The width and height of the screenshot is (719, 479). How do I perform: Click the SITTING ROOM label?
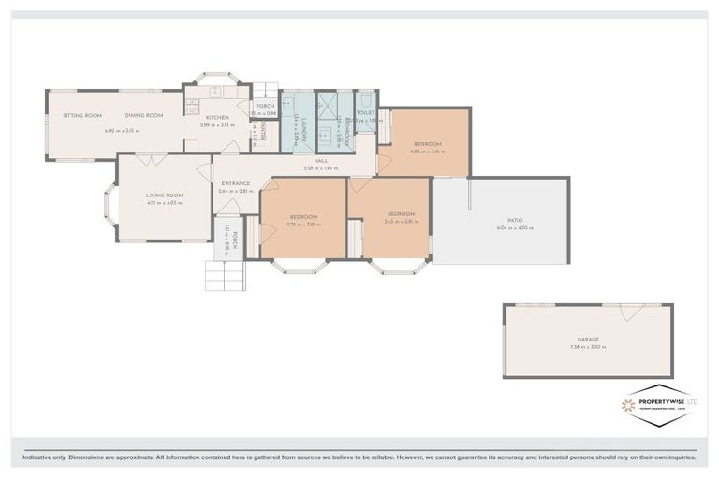[x=82, y=116]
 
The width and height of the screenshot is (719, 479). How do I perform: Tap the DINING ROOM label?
[x=144, y=116]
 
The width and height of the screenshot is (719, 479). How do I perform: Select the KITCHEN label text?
[x=217, y=117]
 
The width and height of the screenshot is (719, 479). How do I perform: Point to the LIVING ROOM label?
[x=164, y=196]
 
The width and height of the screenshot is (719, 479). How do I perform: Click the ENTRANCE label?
[x=235, y=183]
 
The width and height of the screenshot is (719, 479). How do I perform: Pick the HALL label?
[x=319, y=161]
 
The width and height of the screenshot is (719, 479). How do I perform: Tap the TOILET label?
[x=366, y=112]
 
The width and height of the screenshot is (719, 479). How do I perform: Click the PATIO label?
[x=502, y=220]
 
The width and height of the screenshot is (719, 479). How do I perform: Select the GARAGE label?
[x=588, y=340]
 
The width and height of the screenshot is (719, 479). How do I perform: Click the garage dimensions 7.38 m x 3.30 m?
[x=588, y=347]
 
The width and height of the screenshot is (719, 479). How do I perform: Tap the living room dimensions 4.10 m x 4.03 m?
[x=164, y=203]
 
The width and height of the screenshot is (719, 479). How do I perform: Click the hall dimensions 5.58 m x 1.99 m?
[x=319, y=168]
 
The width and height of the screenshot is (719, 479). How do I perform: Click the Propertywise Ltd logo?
[x=658, y=405]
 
